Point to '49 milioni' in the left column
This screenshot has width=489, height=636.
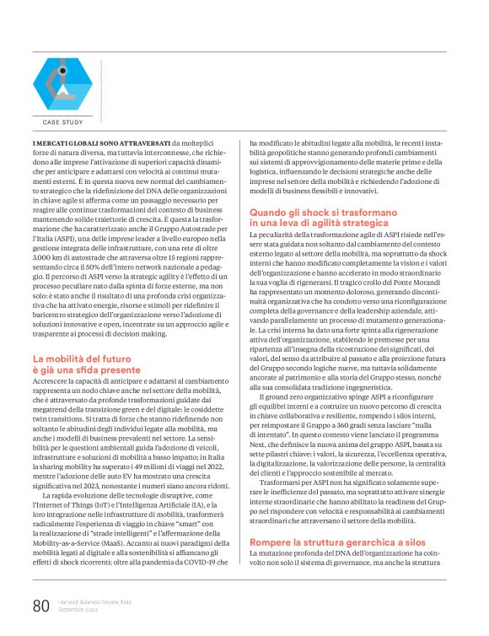pyautogui.click(x=144, y=454)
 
